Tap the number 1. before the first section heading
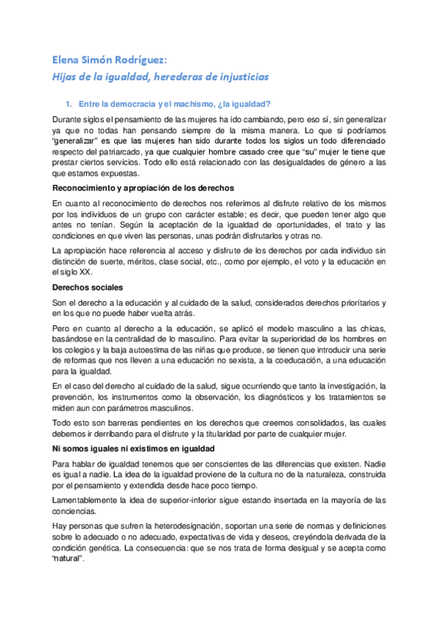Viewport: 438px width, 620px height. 70,103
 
